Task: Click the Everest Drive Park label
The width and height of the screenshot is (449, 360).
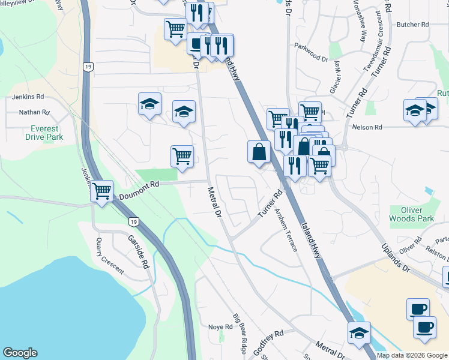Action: (x=42, y=133)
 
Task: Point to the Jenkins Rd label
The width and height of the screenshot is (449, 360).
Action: (x=28, y=96)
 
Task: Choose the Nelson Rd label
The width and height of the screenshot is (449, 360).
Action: (x=367, y=127)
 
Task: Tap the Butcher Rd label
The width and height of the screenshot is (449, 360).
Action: (x=413, y=25)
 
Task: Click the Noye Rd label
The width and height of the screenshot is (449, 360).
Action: (x=220, y=326)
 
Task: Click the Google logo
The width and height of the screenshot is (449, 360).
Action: (x=20, y=353)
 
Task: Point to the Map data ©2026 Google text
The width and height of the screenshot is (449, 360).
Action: (x=412, y=355)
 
